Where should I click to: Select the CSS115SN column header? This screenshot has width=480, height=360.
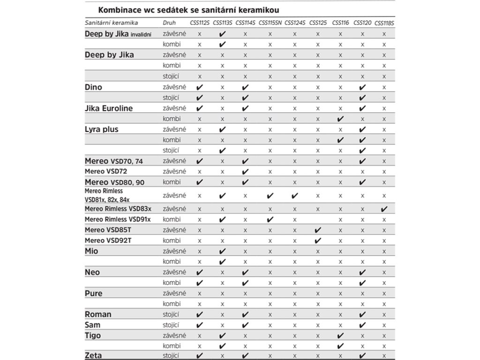point(270,22)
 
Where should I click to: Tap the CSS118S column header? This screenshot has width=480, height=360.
point(384,22)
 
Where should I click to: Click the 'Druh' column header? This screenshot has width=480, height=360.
point(169,22)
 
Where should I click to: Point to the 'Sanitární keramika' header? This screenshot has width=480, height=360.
point(111,22)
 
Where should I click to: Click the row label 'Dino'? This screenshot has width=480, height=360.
point(93,87)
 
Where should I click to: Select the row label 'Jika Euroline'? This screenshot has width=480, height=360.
point(109,108)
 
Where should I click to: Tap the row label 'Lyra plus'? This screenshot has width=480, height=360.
point(101,129)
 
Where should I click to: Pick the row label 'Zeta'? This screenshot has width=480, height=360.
point(93,355)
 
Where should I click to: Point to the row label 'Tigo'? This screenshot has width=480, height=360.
point(93,336)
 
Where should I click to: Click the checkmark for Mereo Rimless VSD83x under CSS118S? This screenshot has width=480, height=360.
point(384,209)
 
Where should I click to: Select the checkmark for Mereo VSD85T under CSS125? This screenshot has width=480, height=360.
point(318,230)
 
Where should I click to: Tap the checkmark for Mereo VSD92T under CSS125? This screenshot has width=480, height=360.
point(318,241)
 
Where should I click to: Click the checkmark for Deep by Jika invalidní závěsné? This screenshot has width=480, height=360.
point(223,34)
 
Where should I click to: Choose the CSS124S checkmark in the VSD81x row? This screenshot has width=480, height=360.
point(294,196)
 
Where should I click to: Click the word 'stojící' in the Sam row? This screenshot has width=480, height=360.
point(172,325)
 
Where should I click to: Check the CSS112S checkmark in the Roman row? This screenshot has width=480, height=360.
point(200,314)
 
